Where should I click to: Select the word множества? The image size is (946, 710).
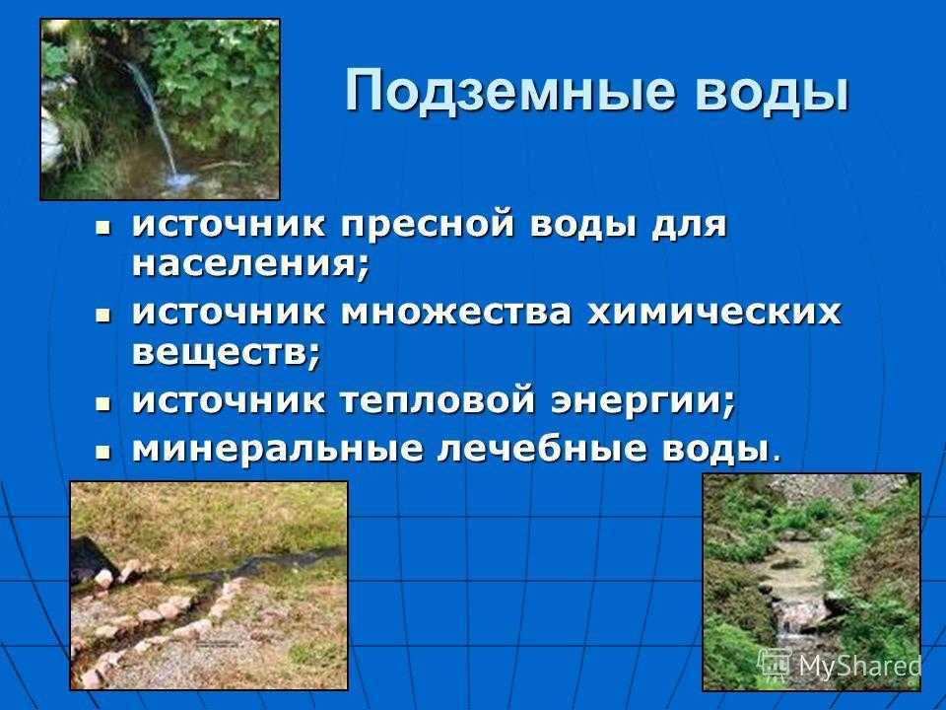455,313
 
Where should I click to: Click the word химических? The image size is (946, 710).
714,313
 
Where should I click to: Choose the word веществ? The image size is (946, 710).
226,353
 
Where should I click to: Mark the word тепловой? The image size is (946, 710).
438,401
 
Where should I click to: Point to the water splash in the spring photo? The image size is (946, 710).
179,178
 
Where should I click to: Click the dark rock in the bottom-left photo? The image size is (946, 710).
91,558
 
